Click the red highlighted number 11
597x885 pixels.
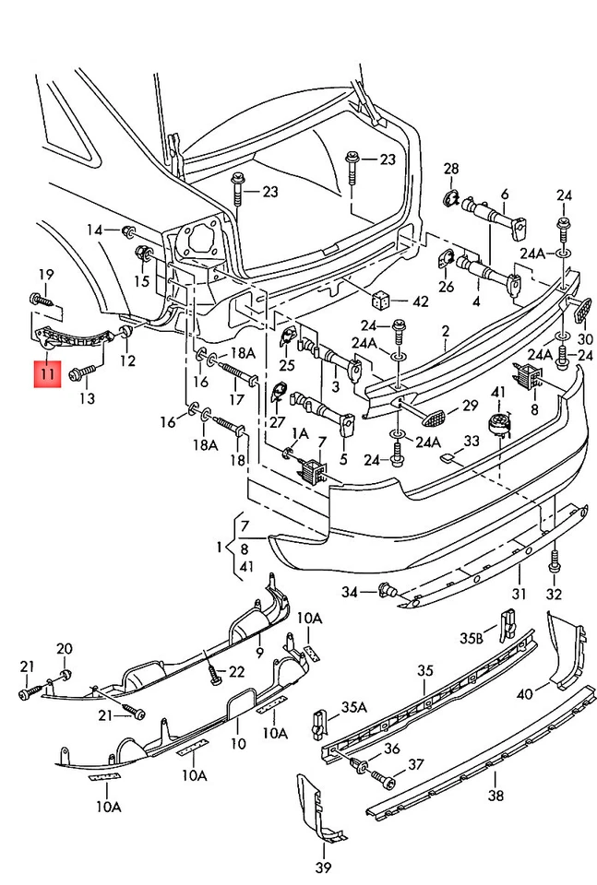click(x=47, y=375)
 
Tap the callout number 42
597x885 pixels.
click(x=421, y=301)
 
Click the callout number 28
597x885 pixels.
click(x=451, y=168)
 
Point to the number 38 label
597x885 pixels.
click(x=496, y=796)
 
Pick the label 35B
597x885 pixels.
click(x=472, y=637)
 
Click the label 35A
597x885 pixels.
click(x=354, y=707)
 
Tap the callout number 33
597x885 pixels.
click(x=472, y=442)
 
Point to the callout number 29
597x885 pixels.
click(x=470, y=406)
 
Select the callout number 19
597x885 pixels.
click(x=46, y=274)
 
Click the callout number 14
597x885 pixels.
click(x=96, y=229)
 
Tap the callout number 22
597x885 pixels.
click(x=237, y=671)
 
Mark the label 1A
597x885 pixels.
click(x=300, y=433)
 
